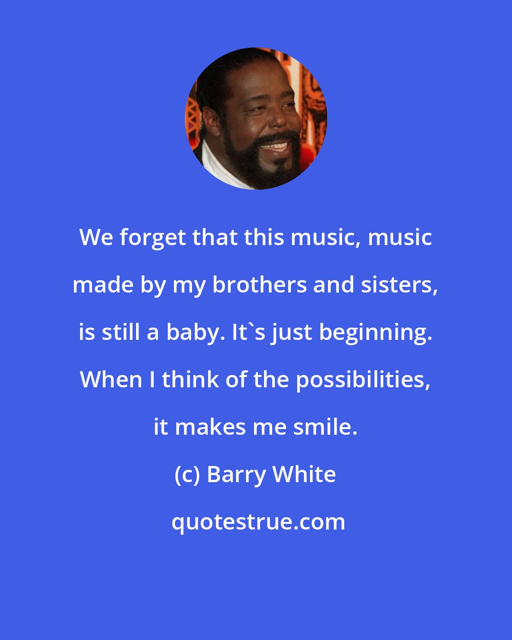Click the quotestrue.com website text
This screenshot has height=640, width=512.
click(258, 522)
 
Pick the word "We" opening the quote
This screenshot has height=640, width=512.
click(97, 238)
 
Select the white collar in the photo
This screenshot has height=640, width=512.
click(213, 166)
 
